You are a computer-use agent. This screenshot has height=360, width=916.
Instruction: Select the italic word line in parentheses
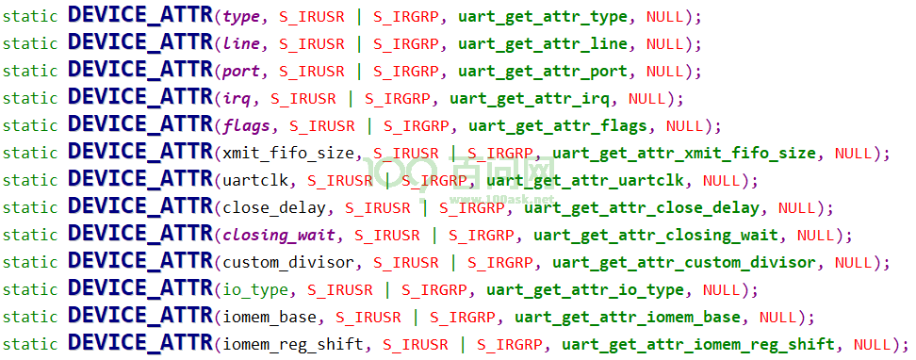[241, 43]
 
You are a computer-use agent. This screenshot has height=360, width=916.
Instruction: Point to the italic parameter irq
[237, 99]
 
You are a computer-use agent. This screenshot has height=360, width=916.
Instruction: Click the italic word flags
[246, 125]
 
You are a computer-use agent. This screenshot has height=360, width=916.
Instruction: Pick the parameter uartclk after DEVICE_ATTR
[255, 181]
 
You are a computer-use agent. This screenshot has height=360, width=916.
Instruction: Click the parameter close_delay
[274, 208]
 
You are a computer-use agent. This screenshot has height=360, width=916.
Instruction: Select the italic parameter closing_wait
[279, 236]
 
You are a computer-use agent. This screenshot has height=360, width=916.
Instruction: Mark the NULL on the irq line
[647, 98]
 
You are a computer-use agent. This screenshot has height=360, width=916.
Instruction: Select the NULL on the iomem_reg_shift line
[873, 345]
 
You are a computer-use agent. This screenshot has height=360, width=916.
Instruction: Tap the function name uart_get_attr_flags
[558, 125]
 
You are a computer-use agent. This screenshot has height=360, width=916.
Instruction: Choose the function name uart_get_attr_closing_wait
[656, 236]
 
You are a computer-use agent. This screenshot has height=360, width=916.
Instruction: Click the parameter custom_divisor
[288, 263]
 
